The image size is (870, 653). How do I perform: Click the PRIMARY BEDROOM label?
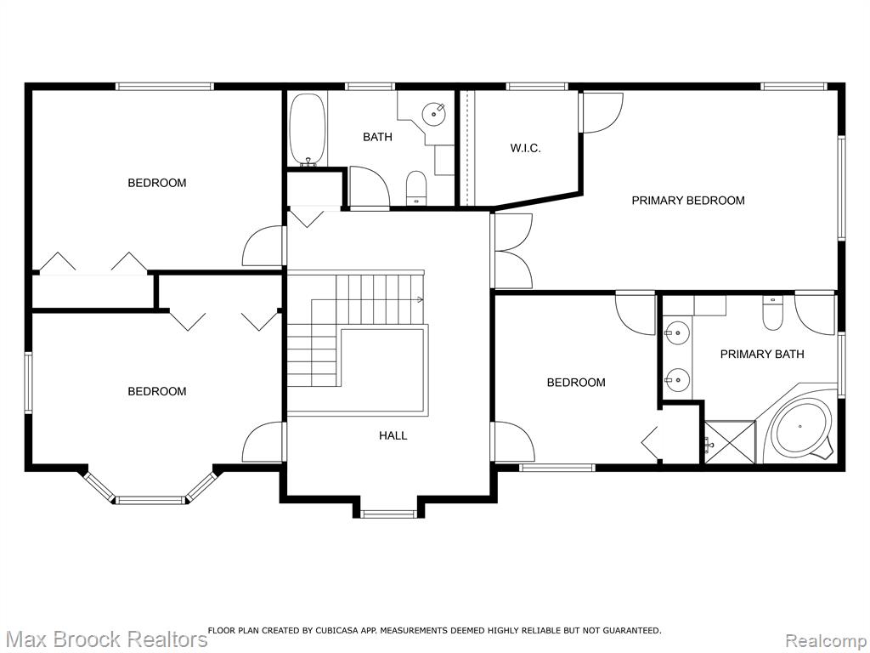point(688,201)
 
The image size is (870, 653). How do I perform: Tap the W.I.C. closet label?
point(525,148)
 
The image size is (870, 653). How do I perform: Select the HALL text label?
point(393,436)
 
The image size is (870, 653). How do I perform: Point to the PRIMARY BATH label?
point(762,355)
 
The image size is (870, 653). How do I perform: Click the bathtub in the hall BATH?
point(306,129)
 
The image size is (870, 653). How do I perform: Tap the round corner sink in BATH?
point(434,114)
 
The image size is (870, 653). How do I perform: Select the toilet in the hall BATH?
point(415,188)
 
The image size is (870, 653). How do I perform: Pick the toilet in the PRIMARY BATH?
point(771,313)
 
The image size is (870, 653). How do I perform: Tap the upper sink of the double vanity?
point(677,333)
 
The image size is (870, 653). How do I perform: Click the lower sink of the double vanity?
point(677,380)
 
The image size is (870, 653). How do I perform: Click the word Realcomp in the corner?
point(827,640)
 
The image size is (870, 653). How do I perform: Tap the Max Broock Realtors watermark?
point(105,639)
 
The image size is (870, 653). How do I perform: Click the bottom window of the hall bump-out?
point(388,514)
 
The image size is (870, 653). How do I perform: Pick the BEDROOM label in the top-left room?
point(157,183)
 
